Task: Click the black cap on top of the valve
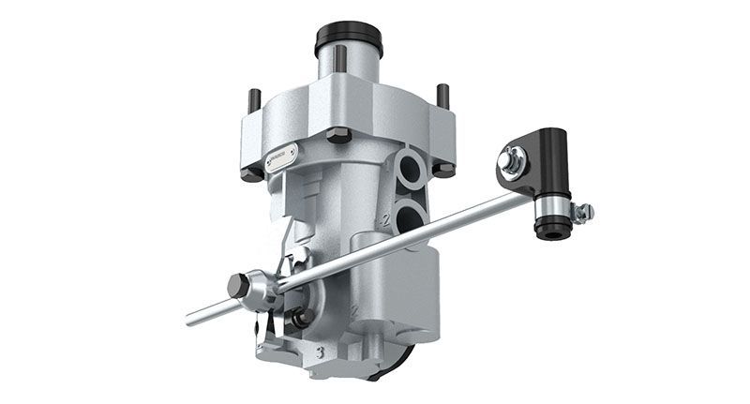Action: (348, 40)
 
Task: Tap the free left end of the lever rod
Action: (191, 319)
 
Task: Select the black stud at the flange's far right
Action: (442, 95)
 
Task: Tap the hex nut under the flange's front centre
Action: (338, 135)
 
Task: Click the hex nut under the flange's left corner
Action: (250, 173)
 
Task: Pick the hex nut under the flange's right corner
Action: (443, 170)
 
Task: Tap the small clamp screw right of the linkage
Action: (583, 213)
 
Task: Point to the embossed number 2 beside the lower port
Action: (383, 221)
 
